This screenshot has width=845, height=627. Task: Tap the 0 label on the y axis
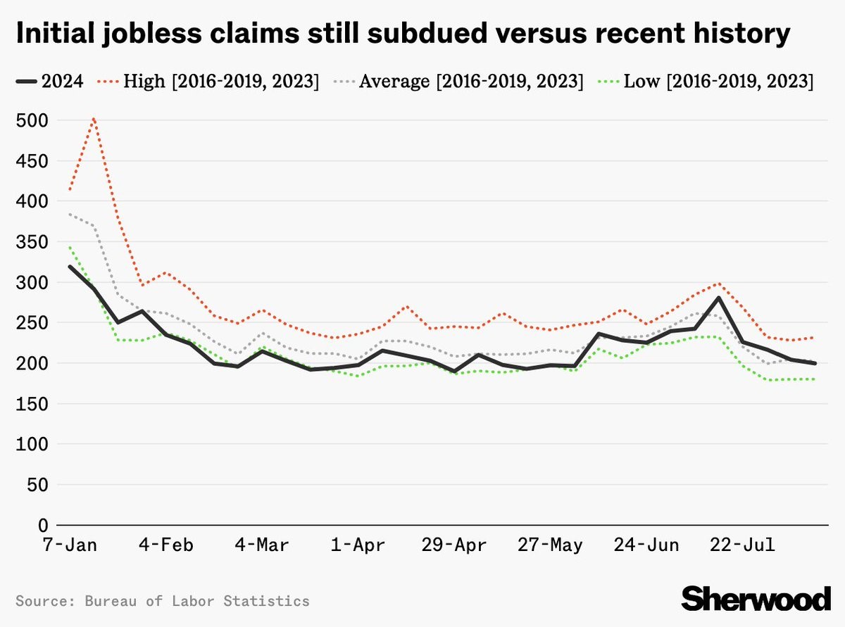[42, 526]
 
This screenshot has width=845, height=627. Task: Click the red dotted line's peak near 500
[94, 119]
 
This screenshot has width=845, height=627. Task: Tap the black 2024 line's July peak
[718, 298]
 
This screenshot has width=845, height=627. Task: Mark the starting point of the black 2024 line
[69, 266]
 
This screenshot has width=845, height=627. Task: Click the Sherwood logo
[756, 598]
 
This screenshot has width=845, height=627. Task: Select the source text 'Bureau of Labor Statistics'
[196, 601]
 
